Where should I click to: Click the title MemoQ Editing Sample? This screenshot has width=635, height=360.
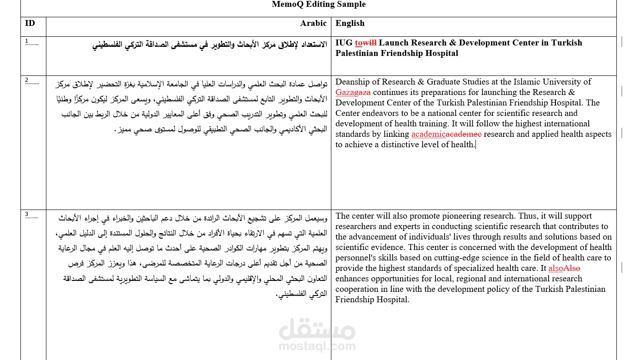[318, 5]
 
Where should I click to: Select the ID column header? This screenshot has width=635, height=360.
[30, 23]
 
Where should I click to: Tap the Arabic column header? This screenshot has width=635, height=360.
[313, 23]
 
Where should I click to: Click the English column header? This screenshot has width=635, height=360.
[350, 23]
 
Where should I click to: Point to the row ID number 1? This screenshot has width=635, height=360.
[27, 40]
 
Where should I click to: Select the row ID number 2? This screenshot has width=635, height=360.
[27, 80]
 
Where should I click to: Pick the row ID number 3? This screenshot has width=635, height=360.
[27, 214]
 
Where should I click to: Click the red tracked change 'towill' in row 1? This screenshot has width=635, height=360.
[365, 43]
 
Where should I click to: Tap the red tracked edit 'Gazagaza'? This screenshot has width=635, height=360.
[353, 92]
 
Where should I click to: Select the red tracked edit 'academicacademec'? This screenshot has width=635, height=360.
[446, 134]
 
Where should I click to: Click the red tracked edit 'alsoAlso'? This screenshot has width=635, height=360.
[564, 268]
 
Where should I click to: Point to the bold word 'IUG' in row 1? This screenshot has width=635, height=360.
[344, 43]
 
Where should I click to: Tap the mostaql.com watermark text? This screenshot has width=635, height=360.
[317, 346]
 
